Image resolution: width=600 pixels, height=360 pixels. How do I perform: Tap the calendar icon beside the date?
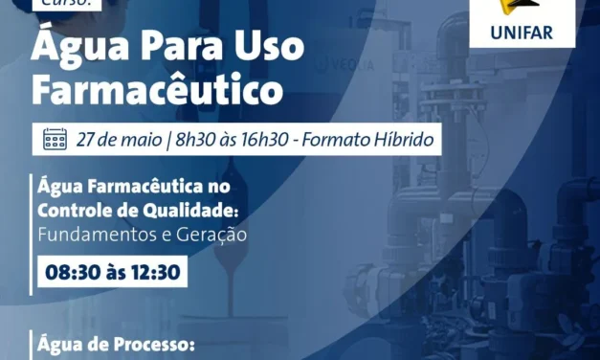tap(56, 140)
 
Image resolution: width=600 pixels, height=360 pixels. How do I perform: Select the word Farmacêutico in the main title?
tap(158, 90)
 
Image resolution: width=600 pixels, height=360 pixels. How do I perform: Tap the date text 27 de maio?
tap(119, 140)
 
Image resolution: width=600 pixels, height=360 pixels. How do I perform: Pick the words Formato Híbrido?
tap(367, 140)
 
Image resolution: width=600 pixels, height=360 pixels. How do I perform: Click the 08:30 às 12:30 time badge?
tap(113, 272)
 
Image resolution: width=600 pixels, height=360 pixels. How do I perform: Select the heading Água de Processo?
tap(114, 343)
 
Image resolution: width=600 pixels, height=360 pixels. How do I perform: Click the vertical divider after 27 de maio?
tap(168, 140)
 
